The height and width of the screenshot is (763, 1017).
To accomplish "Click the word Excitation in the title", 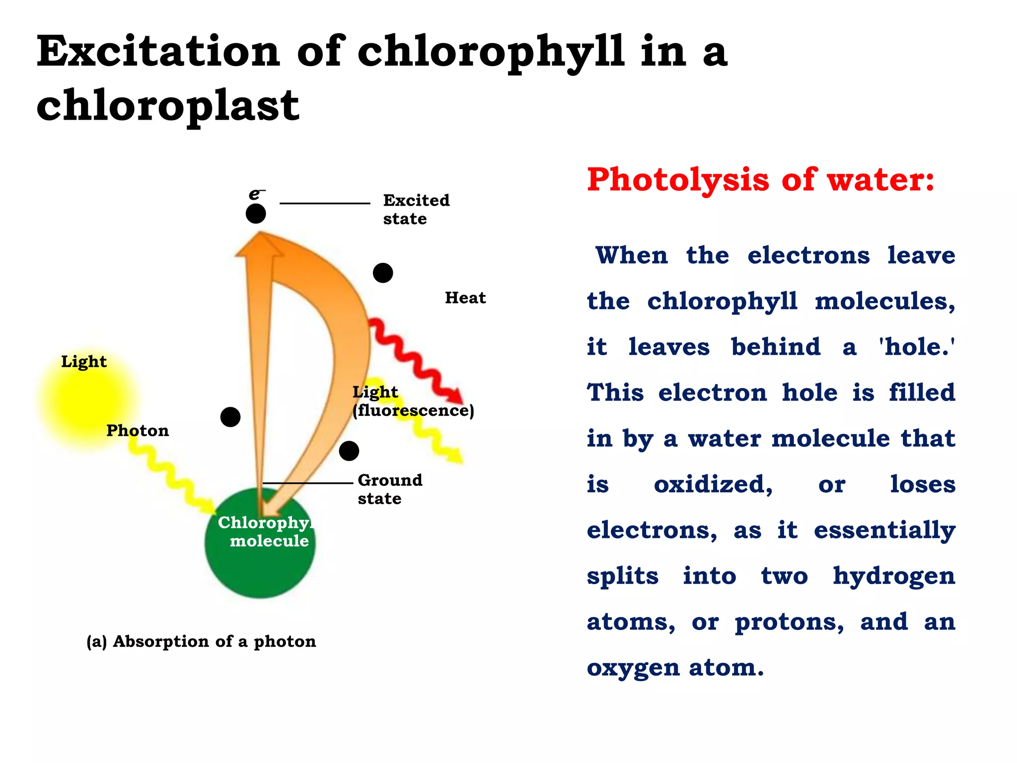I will [x=158, y=52].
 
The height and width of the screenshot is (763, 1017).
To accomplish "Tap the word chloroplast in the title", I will [x=168, y=105].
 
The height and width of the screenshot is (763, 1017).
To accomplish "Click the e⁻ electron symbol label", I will [x=256, y=194].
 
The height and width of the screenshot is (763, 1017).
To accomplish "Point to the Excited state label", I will [x=416, y=209].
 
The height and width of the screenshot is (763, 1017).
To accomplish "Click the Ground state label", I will [x=390, y=489].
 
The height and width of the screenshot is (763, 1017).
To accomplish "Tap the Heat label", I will [x=465, y=298].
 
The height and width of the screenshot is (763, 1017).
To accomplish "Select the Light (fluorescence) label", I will [x=413, y=401].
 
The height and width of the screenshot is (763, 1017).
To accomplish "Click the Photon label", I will [x=138, y=430].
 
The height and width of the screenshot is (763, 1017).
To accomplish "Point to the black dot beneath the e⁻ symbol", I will [x=256, y=214].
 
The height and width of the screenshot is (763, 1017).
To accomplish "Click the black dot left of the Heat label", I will [x=383, y=273].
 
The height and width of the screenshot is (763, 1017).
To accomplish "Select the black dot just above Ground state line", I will [x=349, y=451].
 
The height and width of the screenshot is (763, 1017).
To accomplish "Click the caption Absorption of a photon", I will [x=201, y=641].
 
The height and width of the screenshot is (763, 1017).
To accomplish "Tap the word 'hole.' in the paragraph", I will [x=917, y=347].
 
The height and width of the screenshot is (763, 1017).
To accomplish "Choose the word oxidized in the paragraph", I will [x=713, y=484].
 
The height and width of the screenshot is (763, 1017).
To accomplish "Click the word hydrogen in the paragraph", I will [x=894, y=576].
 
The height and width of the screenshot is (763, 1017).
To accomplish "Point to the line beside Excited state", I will [x=325, y=203].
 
